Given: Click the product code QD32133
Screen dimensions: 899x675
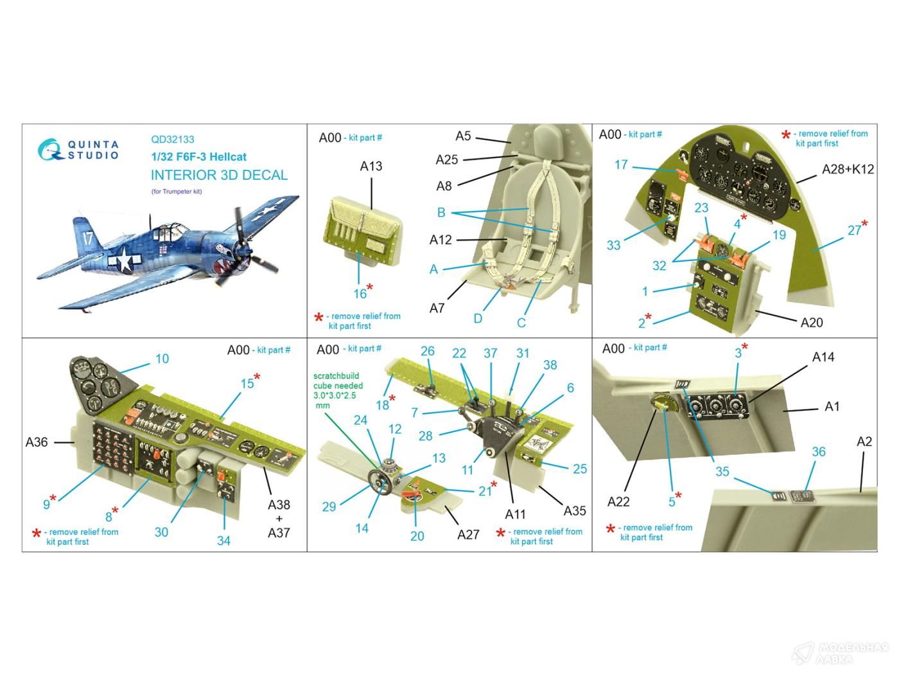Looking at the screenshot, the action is tap(173, 139).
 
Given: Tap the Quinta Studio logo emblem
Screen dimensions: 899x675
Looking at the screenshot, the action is tap(50, 150).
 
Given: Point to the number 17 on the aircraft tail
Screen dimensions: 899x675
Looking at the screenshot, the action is tap(88, 238).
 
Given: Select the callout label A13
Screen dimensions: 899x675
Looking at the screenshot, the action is tap(371, 166).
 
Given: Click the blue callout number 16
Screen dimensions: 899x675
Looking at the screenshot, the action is tap(360, 293).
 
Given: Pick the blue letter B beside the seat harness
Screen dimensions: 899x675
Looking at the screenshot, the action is tap(441, 212).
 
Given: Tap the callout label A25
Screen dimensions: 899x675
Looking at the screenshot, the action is tap(446, 159).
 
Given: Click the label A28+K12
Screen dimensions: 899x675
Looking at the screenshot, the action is tap(848, 169).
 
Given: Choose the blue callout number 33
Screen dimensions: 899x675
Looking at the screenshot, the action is tap(613, 245).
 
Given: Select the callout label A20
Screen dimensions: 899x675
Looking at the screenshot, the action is tap(812, 323).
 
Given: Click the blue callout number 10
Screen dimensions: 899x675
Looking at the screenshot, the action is tap(162, 359).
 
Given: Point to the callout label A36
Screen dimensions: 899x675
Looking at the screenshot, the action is tap(37, 442).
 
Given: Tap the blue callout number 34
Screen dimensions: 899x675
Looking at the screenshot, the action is tap(223, 541).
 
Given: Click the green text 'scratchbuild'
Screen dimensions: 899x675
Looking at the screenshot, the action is tap(336, 376).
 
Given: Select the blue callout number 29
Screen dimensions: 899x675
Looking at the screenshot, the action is tap(329, 507).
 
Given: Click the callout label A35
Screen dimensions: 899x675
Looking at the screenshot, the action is tap(575, 510).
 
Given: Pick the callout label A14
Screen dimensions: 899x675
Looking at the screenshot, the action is tap(823, 357).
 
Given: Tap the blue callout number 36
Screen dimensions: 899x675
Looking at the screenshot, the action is tap(819, 452).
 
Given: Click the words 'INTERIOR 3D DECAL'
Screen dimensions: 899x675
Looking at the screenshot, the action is tap(219, 175).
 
